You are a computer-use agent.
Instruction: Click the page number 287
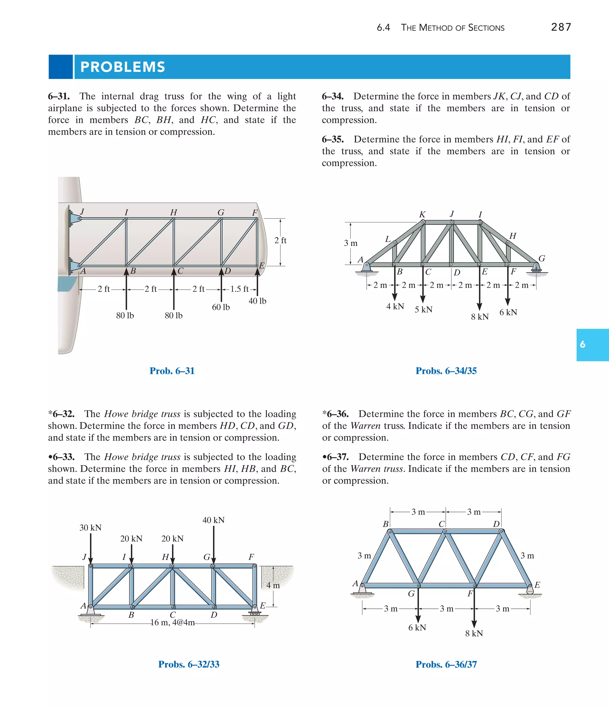pos(561,27)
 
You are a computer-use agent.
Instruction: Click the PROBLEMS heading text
pos(123,67)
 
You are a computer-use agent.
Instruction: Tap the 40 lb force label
pos(257,301)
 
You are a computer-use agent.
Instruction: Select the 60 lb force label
pos(221,307)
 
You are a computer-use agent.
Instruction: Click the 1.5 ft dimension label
pos(239,289)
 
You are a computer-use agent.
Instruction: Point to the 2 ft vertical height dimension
pos(280,241)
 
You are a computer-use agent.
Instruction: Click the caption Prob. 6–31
pos(172,371)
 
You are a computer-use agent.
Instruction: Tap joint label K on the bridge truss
pos(422,215)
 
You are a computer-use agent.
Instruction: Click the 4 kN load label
pos(395,306)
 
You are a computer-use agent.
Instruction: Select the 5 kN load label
pos(423,310)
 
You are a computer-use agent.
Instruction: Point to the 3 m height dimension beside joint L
pos(351,243)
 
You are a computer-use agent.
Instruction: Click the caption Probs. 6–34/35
pos(446,371)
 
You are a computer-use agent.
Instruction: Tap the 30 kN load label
pos(90,528)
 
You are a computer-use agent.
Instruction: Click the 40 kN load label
pos(214,520)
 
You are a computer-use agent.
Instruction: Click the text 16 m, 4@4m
pos(172,622)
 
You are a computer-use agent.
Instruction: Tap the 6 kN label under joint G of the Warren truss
pos(417,628)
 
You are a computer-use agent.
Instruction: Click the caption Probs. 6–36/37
pos(446,664)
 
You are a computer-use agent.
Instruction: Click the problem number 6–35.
pos(333,139)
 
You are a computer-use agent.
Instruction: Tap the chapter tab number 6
pos(583,344)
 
